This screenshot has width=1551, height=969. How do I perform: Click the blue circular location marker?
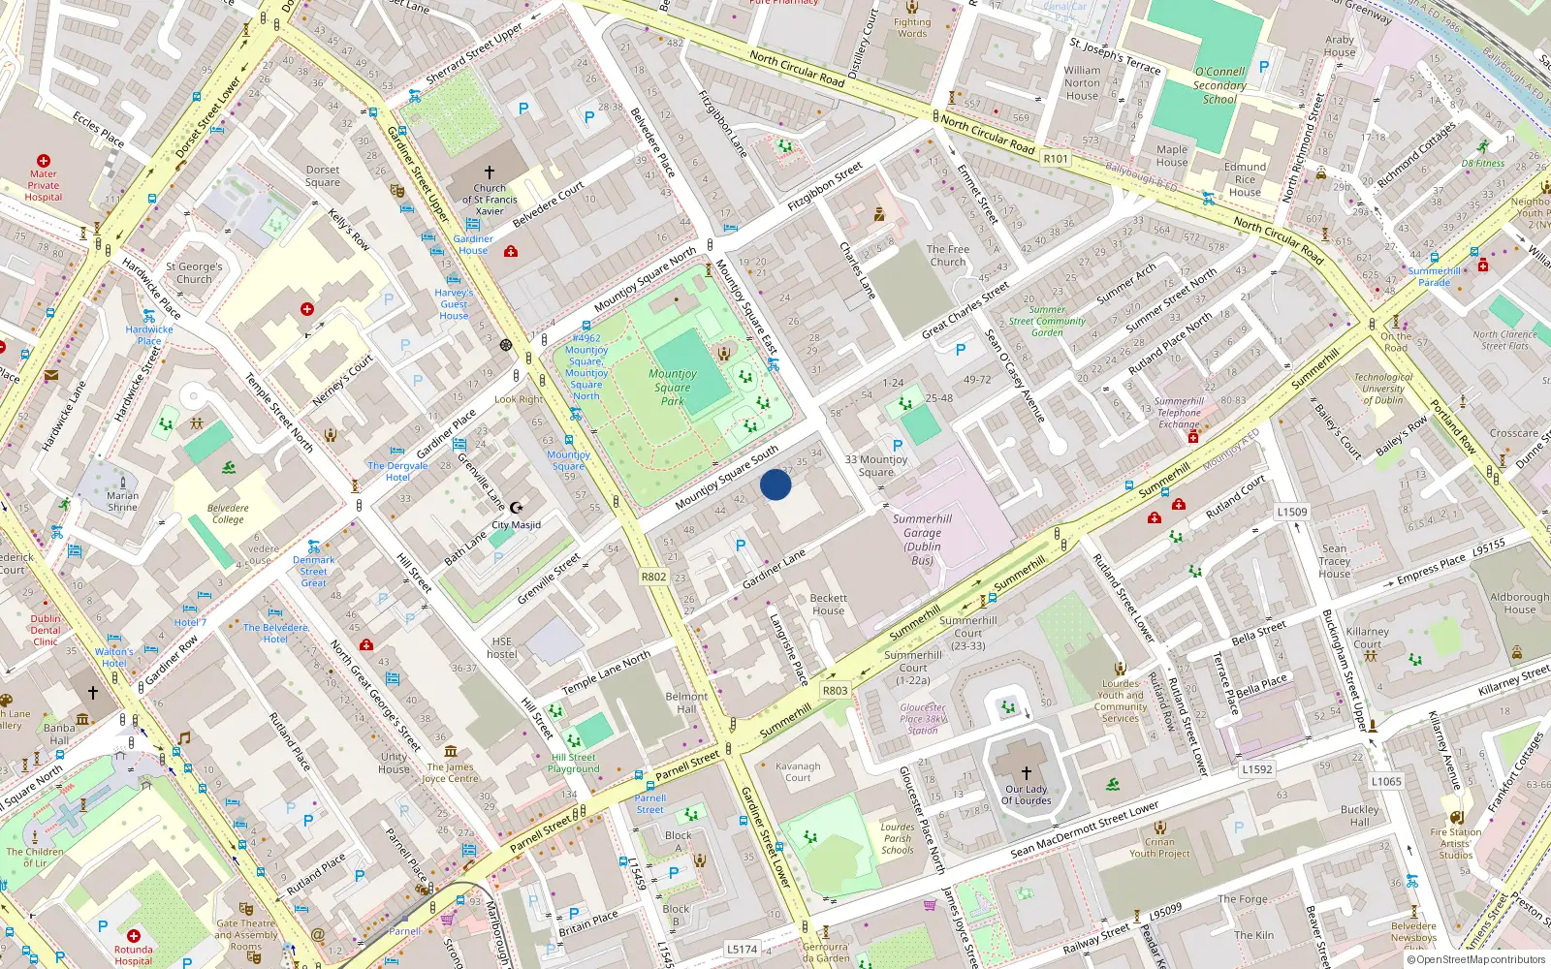775,484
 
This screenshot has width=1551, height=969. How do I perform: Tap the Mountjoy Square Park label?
673,387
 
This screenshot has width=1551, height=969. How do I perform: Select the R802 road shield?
654,577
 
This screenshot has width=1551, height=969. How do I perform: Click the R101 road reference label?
1056,159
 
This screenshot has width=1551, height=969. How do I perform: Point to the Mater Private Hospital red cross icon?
44,161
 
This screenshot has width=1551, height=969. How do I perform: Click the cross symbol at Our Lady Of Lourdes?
1027,773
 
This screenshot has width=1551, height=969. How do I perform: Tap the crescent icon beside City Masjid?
517,507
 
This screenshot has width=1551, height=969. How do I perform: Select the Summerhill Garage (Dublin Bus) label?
922,540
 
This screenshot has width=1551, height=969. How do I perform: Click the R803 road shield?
835,691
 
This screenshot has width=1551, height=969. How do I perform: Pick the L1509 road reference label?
1292,512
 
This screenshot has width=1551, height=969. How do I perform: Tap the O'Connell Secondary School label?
1219,85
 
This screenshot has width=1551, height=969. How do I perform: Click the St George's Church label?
194,272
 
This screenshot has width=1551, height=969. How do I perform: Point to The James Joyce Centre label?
451,772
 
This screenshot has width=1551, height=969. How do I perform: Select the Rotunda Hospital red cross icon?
134,937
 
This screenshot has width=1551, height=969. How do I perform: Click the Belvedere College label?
228,514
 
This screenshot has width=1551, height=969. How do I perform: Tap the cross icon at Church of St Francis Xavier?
490,172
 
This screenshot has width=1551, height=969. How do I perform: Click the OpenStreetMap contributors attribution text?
1475,959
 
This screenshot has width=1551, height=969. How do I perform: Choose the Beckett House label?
829,605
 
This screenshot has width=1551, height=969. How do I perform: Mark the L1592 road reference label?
1257,769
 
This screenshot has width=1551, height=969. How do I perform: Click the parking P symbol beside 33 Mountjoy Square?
898,446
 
